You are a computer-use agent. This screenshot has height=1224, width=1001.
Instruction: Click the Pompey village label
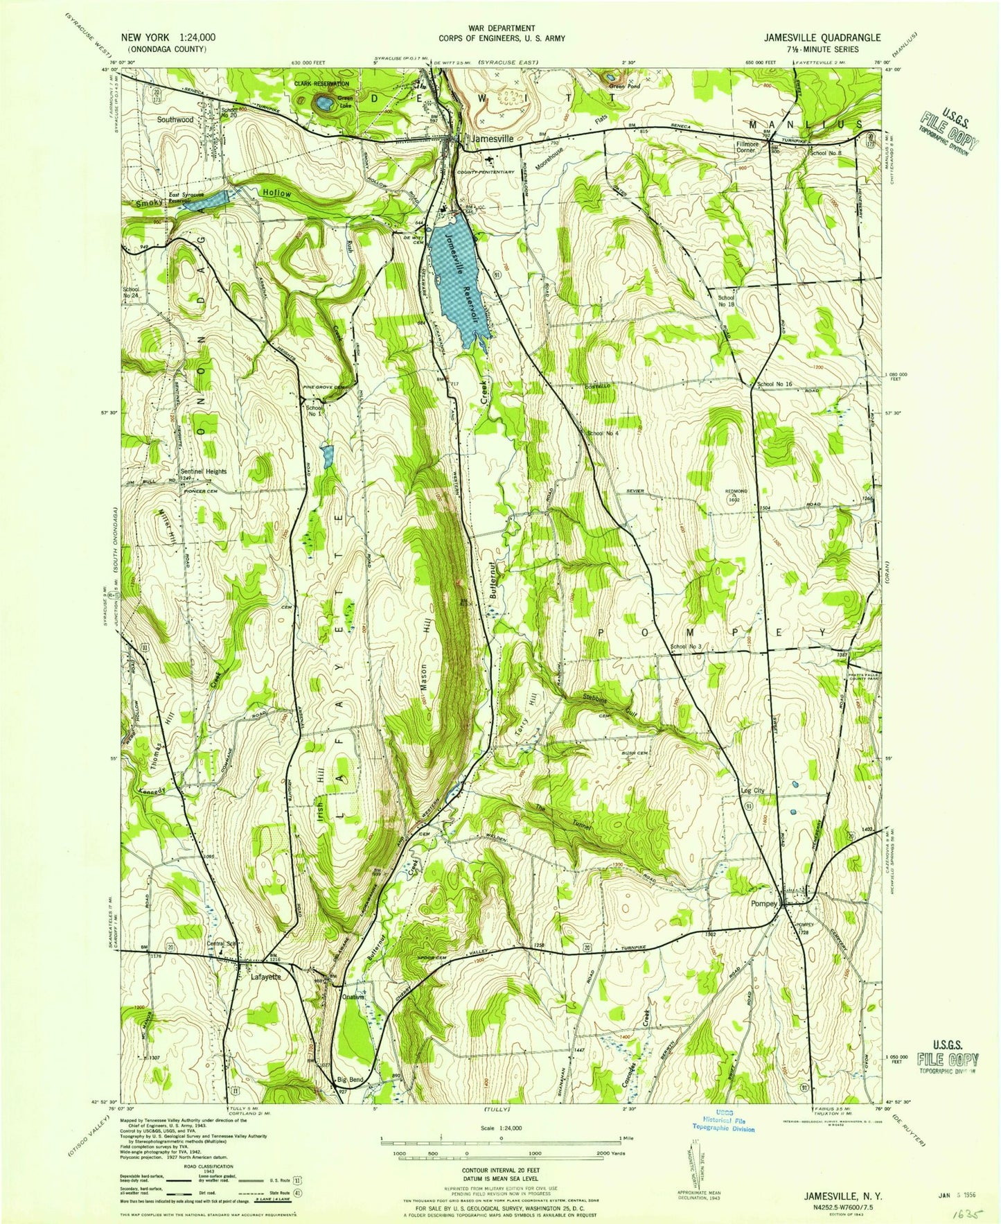pyautogui.click(x=765, y=904)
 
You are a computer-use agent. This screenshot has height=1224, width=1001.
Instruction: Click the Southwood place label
pyautogui.click(x=175, y=119)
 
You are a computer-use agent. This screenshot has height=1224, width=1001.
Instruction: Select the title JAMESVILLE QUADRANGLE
pyautogui.click(x=822, y=38)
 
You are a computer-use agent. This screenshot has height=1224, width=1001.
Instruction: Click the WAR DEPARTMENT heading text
pyautogui.click(x=502, y=28)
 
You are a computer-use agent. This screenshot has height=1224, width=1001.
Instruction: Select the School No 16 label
pyautogui.click(x=774, y=384)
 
